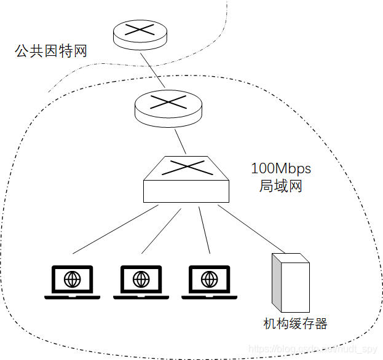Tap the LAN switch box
tap(186, 182)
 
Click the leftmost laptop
tap(73, 283)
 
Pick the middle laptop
tap(141, 283)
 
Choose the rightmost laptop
tap(209, 283)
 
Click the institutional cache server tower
tap(290, 284)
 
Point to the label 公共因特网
tap(51, 51)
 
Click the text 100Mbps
tap(281, 168)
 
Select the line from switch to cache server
tap(245, 228)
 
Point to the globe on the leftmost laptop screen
tap(73, 280)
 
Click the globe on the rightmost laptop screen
tap(209, 280)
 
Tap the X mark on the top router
tap(140, 29)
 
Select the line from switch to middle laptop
tap(162, 229)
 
